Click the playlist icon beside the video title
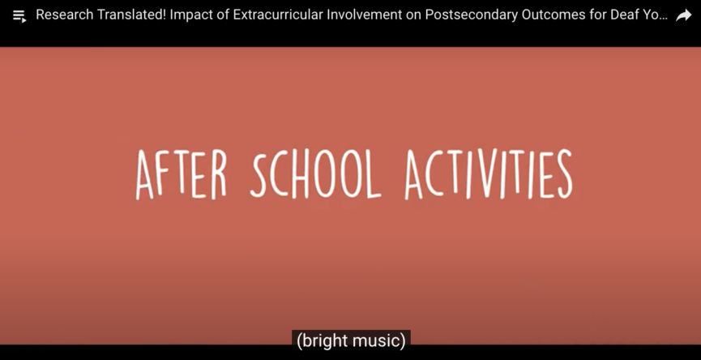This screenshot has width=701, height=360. pos(19,16)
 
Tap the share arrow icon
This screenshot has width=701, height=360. pos(683,16)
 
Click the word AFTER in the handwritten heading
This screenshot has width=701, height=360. pos(182,174)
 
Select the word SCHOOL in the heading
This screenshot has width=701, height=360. pos(315,174)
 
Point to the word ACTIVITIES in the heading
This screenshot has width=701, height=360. pos(489,174)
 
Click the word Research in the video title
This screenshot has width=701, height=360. pos(62,15)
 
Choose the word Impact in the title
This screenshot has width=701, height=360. pos(190,15)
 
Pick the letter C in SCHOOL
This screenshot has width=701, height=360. pos(280,174)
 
